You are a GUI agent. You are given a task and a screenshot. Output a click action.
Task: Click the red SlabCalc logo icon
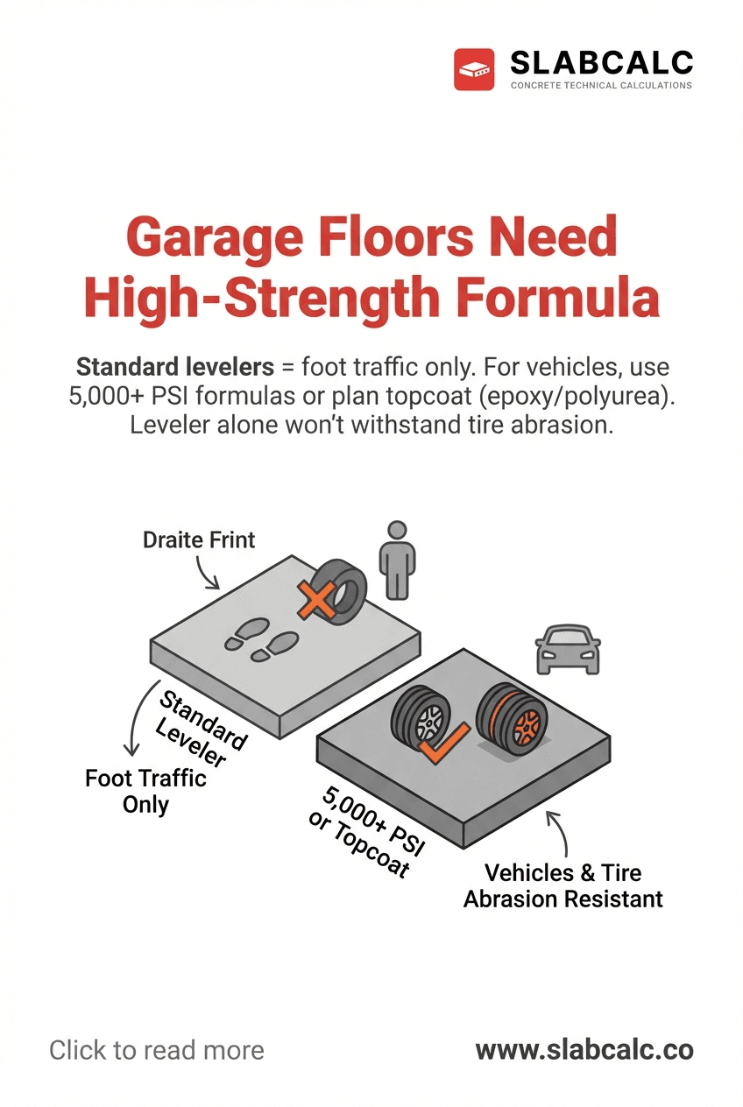[475, 69]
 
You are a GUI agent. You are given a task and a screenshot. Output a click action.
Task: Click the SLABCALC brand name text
[601, 62]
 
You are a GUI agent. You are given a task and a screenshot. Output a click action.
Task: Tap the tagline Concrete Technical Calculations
[601, 86]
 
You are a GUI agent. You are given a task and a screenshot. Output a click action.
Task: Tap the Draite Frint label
[199, 539]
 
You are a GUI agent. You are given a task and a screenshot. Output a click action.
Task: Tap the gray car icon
[567, 650]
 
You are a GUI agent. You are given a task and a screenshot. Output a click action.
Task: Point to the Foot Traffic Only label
[145, 791]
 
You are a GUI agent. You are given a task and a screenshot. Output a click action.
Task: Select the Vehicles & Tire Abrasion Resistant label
[563, 885]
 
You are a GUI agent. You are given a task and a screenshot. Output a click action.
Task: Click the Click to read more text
[156, 1050]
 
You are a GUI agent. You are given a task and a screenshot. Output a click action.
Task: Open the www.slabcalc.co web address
[584, 1050]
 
